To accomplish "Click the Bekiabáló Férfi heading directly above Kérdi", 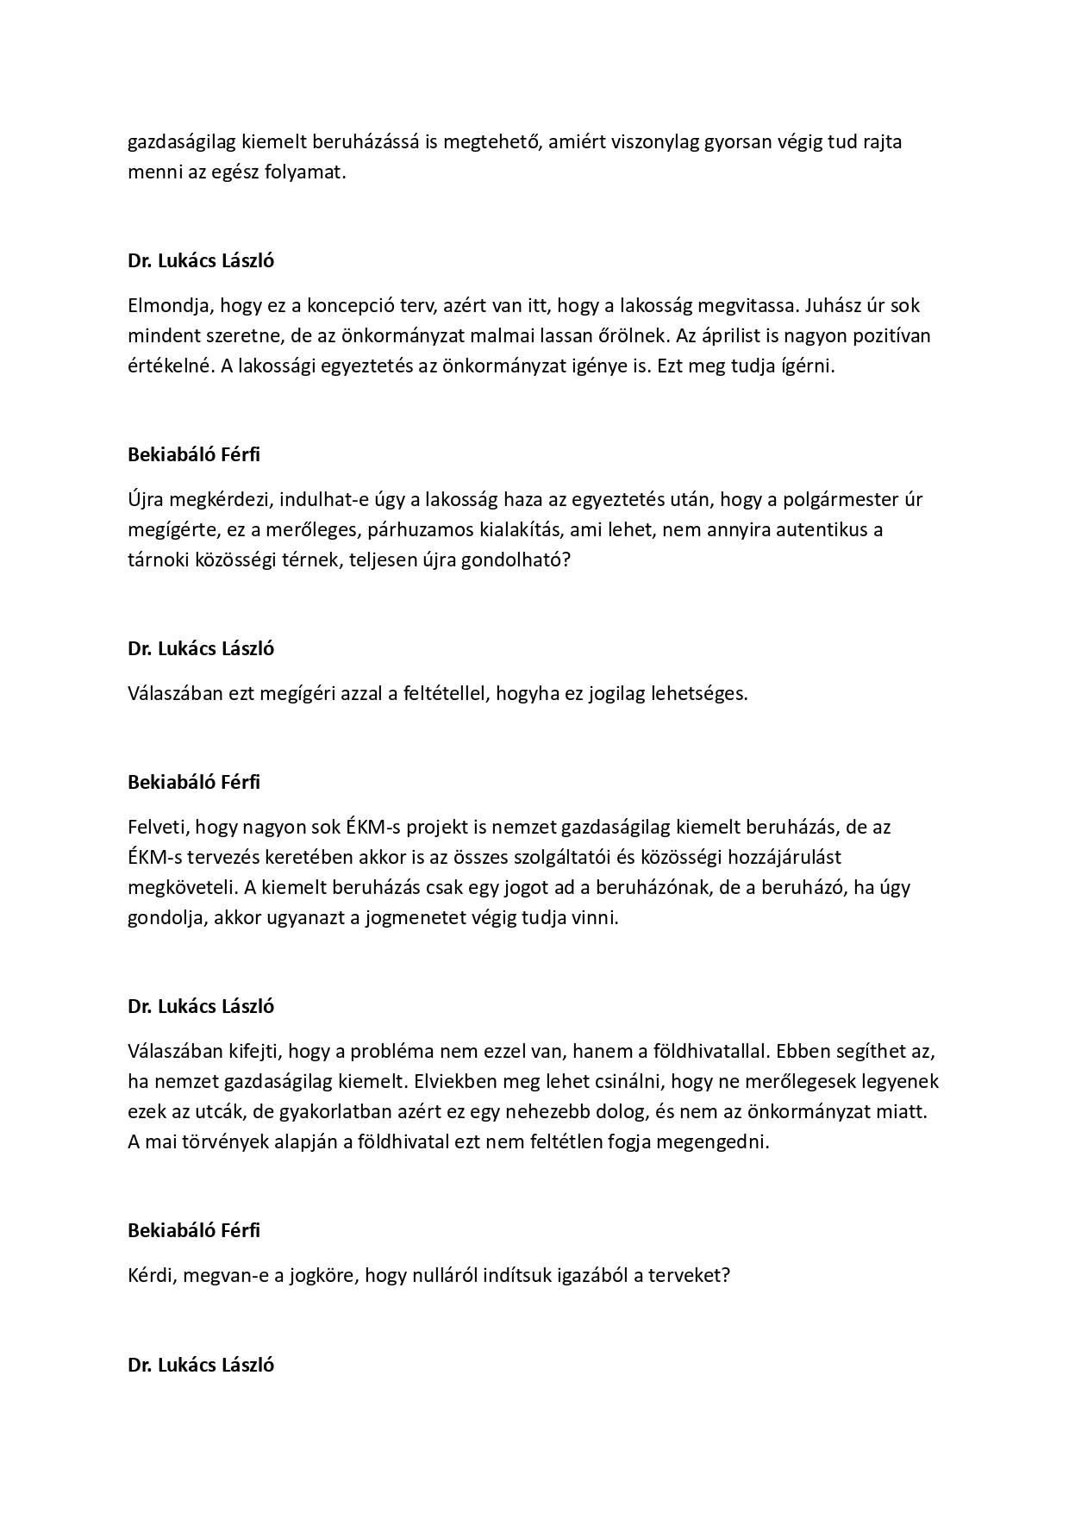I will click(x=194, y=1230).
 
